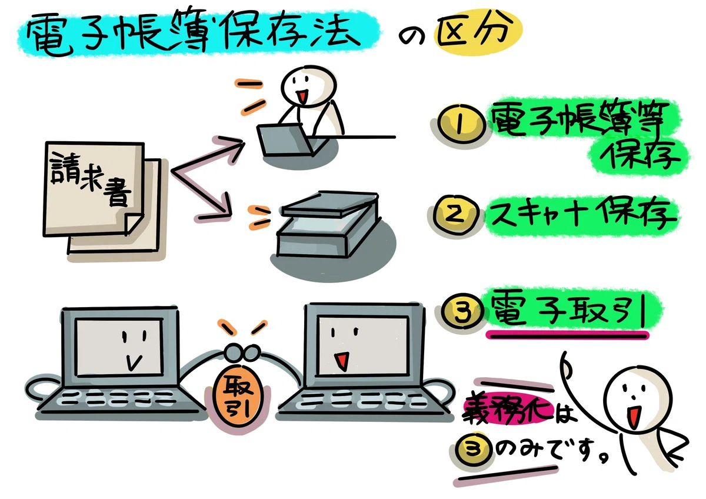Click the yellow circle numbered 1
click(461, 124)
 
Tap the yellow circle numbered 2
click(455, 215)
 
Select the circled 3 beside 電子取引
click(462, 311)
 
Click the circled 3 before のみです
click(474, 448)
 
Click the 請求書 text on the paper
click(91, 179)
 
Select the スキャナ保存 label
click(581, 215)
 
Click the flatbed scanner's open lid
click(329, 204)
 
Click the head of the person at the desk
click(308, 86)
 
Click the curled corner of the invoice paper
click(134, 222)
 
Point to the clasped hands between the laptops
click(242, 352)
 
